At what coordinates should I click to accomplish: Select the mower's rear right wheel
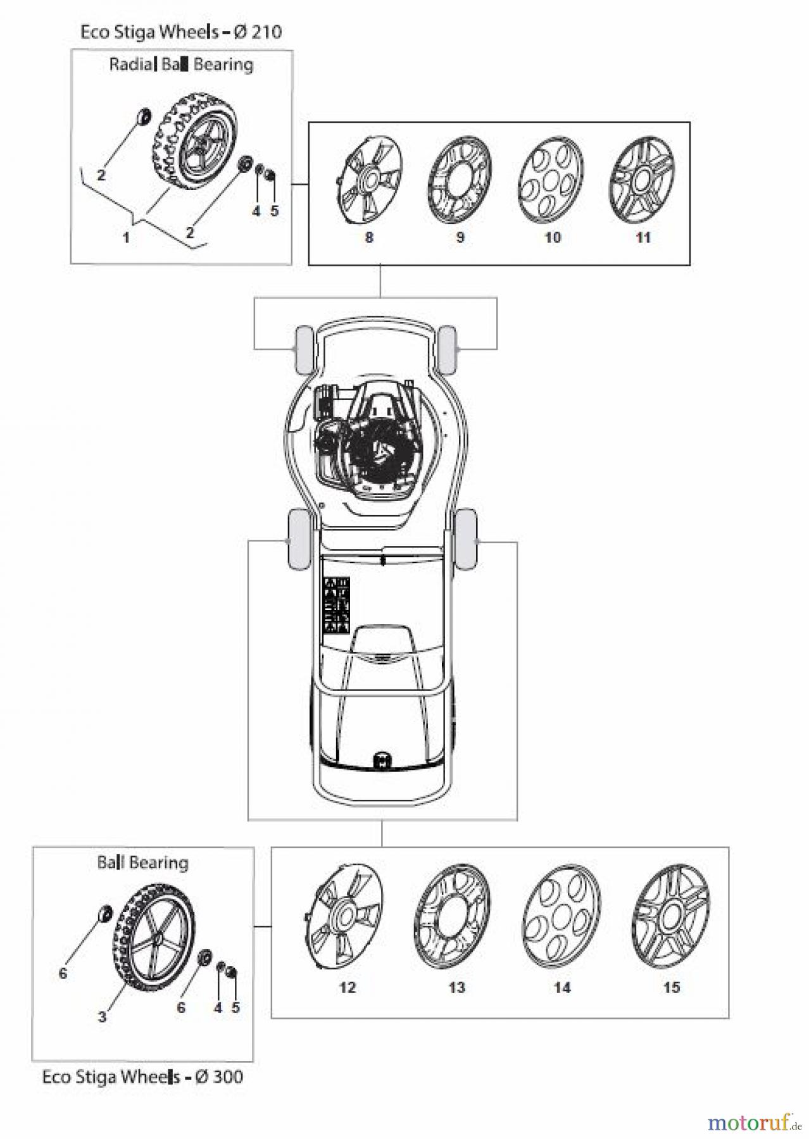click(x=465, y=538)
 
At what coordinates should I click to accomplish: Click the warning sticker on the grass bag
click(x=337, y=604)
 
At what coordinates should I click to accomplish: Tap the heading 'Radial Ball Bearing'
click(x=181, y=65)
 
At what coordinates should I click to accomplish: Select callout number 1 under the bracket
click(x=126, y=238)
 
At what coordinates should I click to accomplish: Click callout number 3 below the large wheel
click(x=102, y=1018)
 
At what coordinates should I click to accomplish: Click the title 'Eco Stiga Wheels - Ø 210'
click(x=181, y=32)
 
